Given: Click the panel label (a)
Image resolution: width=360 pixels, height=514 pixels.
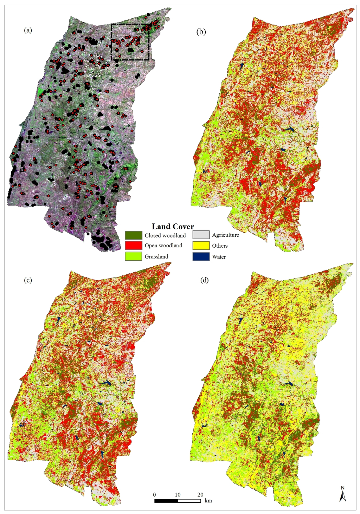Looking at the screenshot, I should [28, 30].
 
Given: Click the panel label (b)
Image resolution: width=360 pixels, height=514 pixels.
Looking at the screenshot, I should [201, 32].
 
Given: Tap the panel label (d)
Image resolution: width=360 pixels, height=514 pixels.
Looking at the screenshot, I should [204, 280].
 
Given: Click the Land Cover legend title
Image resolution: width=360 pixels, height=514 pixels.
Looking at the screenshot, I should [173, 227].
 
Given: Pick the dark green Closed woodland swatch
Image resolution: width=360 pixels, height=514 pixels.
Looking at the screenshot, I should [133, 235].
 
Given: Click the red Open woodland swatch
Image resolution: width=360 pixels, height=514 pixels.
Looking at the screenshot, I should [133, 245].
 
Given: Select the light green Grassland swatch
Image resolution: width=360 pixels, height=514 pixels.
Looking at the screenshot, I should [133, 256].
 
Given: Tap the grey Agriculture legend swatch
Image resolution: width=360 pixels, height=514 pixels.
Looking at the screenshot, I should [201, 235].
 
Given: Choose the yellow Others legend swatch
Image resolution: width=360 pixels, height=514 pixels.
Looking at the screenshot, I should [201, 246].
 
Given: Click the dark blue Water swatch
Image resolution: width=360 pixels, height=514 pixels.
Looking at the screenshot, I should [201, 256].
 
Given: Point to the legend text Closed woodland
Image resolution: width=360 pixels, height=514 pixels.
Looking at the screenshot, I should [165, 235].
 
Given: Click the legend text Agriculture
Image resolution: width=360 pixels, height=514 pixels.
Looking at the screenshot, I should [225, 235].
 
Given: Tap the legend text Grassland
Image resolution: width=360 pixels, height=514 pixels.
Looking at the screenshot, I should [156, 256].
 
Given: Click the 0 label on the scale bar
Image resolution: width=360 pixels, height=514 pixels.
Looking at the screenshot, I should [155, 495].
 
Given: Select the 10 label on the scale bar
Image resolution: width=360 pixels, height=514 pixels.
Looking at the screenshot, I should [178, 495].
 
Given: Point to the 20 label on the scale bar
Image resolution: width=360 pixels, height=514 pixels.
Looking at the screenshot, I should [200, 495].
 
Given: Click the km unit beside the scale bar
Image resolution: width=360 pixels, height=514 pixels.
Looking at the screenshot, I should [208, 501].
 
